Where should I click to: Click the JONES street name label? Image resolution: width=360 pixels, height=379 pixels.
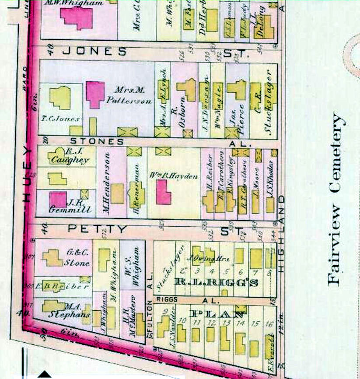94,51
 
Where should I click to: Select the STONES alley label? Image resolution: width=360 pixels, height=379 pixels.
97,141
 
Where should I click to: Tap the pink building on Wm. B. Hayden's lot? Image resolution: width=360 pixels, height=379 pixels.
164,192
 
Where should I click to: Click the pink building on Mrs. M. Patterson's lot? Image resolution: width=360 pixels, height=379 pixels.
95,94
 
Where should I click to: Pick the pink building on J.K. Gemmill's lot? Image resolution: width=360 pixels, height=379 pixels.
58,199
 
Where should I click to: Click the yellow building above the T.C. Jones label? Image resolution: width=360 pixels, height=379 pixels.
60,97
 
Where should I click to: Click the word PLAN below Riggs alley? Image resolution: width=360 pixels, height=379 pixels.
217,314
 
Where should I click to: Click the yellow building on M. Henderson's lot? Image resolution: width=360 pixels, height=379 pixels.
117,193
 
